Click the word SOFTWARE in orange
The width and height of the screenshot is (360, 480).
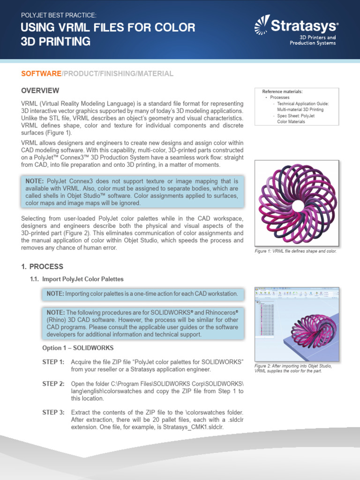tap(41, 74)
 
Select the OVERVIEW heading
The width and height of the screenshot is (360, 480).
tap(40, 90)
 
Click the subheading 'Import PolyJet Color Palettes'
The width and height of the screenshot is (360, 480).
tap(83, 279)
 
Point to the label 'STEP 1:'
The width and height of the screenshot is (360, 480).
tap(53, 362)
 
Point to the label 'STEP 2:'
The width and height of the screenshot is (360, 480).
tap(53, 383)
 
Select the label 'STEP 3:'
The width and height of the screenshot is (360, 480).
tap(53, 412)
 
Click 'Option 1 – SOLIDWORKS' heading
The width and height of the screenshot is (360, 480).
tap(76, 348)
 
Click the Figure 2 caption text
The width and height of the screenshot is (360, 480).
tap(292, 368)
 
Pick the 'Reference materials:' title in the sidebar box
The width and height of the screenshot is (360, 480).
tap(282, 91)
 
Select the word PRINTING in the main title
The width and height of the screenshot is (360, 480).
tap(62, 41)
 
